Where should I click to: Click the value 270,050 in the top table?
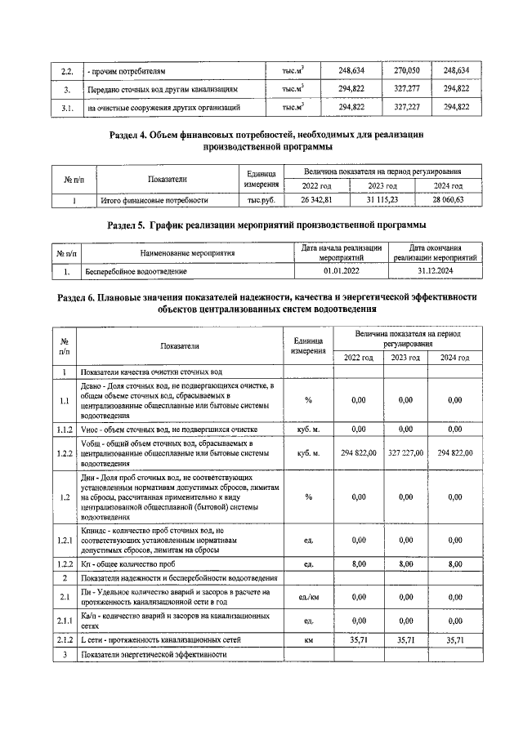[x=406, y=71]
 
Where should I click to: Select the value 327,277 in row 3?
[x=406, y=89]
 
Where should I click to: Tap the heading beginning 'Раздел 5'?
[x=267, y=225]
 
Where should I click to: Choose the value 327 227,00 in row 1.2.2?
[x=406, y=452]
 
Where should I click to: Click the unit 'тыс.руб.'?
[x=261, y=199]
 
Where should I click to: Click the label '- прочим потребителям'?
[x=132, y=71]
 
